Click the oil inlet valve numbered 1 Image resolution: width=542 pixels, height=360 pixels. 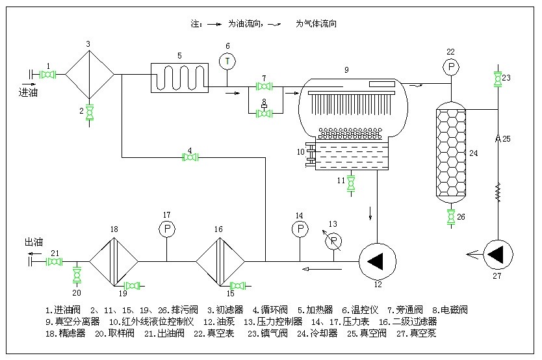click(x=47, y=75)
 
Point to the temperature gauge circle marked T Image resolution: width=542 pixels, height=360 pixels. click(x=227, y=61)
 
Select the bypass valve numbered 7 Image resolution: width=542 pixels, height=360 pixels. click(x=264, y=86)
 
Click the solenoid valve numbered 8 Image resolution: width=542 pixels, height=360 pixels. click(x=264, y=112)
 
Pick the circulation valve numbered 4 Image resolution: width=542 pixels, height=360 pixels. click(x=190, y=157)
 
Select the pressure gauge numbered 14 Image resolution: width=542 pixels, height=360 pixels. click(x=300, y=229)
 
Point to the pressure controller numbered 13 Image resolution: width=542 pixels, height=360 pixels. click(x=334, y=240)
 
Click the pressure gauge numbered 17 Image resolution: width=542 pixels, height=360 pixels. click(x=167, y=229)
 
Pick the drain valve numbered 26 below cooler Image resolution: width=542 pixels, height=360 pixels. click(x=450, y=216)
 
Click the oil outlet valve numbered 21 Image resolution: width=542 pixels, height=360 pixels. click(x=55, y=262)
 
